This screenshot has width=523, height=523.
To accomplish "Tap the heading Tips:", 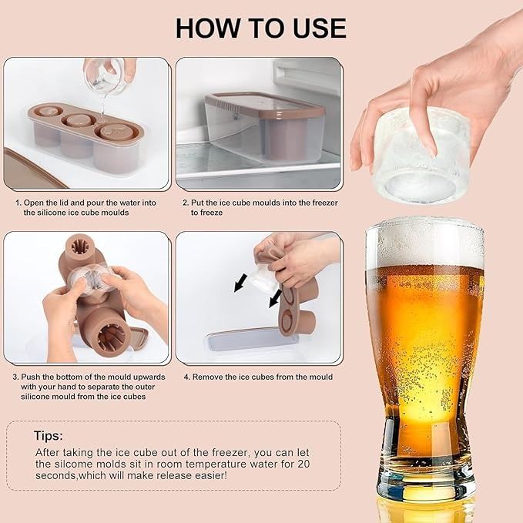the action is [49, 436].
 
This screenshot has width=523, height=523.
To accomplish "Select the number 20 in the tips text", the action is [303, 464].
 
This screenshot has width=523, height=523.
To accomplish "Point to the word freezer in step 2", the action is [325, 203].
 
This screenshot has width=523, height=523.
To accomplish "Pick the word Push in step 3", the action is [29, 377].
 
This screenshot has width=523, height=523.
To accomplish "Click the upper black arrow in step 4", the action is [240, 283].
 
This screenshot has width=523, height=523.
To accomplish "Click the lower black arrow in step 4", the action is [276, 299].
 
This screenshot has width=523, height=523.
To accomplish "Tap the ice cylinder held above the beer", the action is [422, 156].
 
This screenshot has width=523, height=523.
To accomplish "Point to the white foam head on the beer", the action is [424, 243].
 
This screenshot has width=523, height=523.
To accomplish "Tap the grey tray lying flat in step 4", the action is [253, 340].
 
